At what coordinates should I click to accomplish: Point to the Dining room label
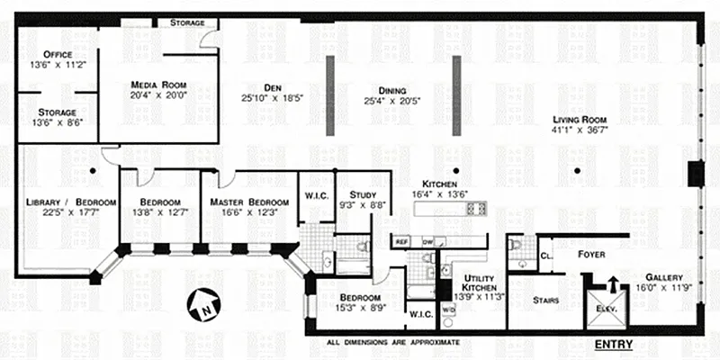pos(392,91)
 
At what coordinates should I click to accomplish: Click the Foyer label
pos(591,255)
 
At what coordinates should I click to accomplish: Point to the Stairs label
pos(546,301)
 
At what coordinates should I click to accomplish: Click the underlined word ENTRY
pos(614,346)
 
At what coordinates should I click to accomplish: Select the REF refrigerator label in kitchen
pos(401,242)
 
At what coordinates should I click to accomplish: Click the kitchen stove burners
pos(478,208)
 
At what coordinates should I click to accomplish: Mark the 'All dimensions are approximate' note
pos(392,343)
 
